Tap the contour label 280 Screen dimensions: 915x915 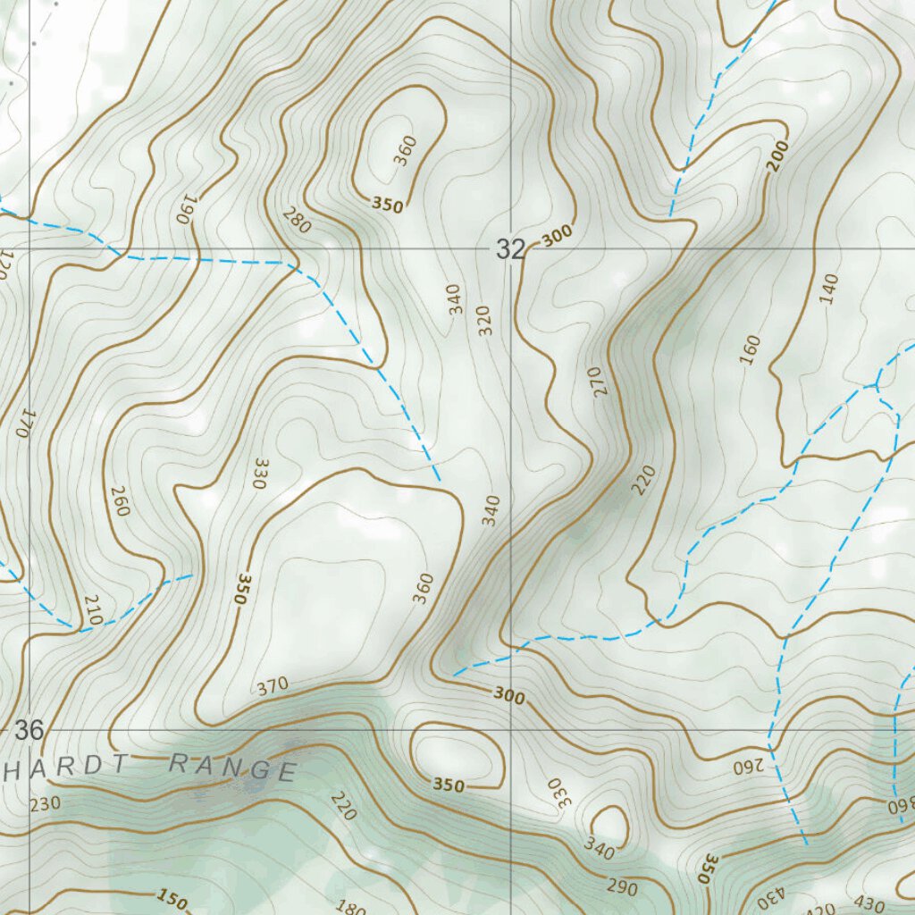pyautogui.click(x=297, y=220)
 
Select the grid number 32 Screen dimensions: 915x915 pyautogui.click(x=510, y=250)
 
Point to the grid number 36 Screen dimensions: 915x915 pyautogui.click(x=29, y=730)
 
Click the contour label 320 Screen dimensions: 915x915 pyautogui.click(x=484, y=320)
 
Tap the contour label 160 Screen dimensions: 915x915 pyautogui.click(x=750, y=349)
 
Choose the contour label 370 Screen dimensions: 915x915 pyautogui.click(x=273, y=686)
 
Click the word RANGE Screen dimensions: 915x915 pyautogui.click(x=232, y=767)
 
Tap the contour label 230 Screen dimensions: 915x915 pyautogui.click(x=45, y=804)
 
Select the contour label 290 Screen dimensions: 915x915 pyautogui.click(x=622, y=888)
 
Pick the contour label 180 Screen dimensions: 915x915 pyautogui.click(x=350, y=908)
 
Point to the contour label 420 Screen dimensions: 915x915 pyautogui.click(x=820, y=909)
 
